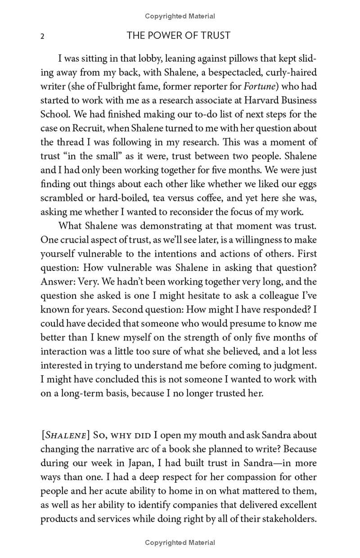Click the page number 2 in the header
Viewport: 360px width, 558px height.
pyautogui.click(x=42, y=36)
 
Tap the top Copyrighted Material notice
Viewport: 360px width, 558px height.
pyautogui.click(x=180, y=16)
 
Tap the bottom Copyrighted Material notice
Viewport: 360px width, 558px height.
pyautogui.click(x=180, y=543)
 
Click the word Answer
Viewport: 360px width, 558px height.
pyautogui.click(x=56, y=281)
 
